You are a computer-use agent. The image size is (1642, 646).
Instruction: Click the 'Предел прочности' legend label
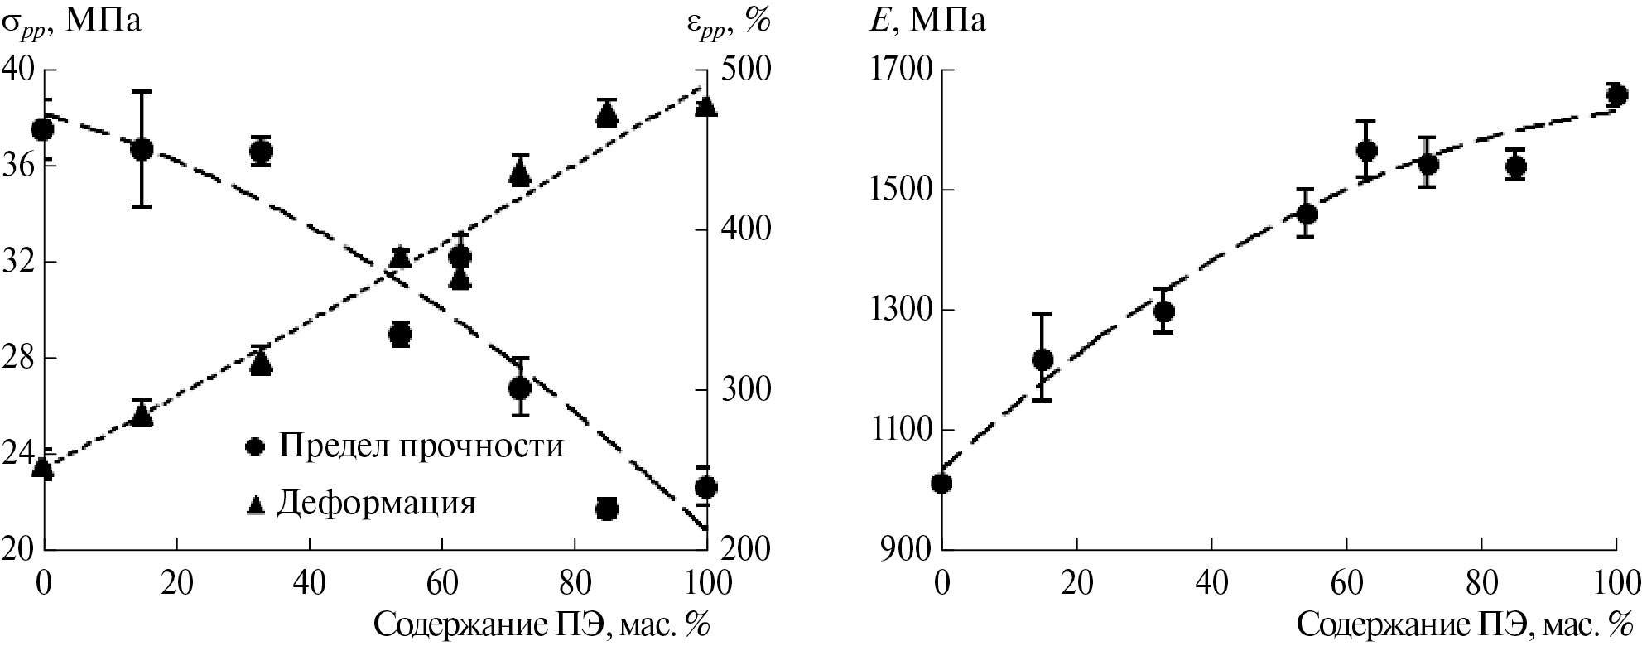tap(421, 446)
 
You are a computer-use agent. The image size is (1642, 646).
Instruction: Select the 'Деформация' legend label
tap(377, 503)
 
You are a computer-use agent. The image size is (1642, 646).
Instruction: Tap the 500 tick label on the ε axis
tap(749, 70)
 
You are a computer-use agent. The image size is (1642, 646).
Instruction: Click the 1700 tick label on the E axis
tap(899, 70)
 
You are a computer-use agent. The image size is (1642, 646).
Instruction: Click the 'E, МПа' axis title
tap(926, 21)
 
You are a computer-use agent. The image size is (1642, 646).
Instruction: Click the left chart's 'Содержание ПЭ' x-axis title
tap(542, 624)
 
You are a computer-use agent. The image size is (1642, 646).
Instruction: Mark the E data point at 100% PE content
tap(1616, 94)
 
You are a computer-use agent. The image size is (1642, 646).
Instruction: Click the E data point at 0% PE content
tap(941, 482)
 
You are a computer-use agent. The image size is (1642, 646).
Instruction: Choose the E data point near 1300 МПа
tap(1164, 311)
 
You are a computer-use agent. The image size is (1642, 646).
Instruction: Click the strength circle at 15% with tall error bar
tap(142, 149)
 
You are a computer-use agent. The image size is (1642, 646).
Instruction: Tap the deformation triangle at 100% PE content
tap(705, 107)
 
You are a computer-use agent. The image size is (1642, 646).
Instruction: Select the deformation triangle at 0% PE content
tap(43, 469)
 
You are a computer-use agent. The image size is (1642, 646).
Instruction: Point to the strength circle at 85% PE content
tap(607, 509)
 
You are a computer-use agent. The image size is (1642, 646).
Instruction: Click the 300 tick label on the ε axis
tap(749, 390)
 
